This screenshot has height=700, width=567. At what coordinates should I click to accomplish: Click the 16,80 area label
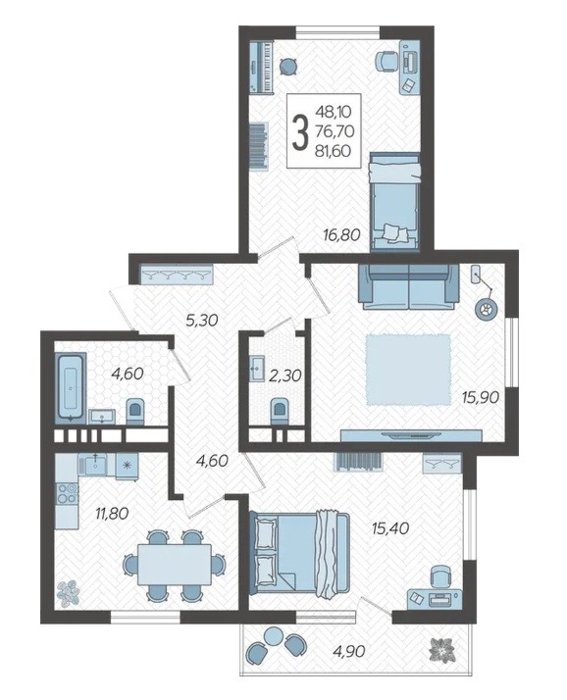click(342, 234)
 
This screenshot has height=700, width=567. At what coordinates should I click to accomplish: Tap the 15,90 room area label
click(480, 396)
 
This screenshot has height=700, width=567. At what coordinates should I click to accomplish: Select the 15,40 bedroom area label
click(391, 528)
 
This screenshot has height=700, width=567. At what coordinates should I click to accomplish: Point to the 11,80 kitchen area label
click(112, 513)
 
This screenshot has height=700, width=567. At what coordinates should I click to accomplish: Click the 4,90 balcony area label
click(349, 651)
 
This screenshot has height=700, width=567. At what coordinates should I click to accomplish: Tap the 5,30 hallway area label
click(202, 320)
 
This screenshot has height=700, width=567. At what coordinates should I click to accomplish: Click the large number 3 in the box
click(300, 131)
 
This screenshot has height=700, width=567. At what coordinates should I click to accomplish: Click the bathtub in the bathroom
click(69, 386)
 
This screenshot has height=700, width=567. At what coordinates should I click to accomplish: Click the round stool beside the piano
click(288, 67)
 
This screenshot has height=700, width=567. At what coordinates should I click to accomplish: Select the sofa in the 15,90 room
click(409, 286)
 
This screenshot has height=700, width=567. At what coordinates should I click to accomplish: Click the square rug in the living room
click(409, 370)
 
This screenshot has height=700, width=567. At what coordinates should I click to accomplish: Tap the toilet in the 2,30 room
click(280, 410)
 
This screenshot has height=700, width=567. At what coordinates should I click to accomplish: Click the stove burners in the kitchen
click(67, 492)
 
